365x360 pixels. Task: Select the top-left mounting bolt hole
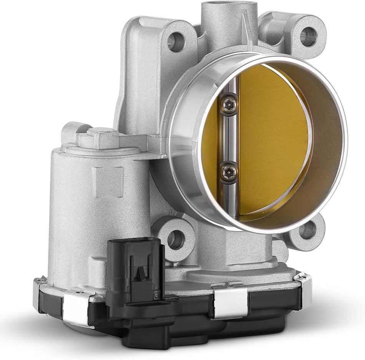pyautogui.click(x=176, y=41)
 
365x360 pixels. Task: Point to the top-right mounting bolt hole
pyautogui.click(x=308, y=37)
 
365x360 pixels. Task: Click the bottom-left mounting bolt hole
pyautogui.click(x=176, y=239)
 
